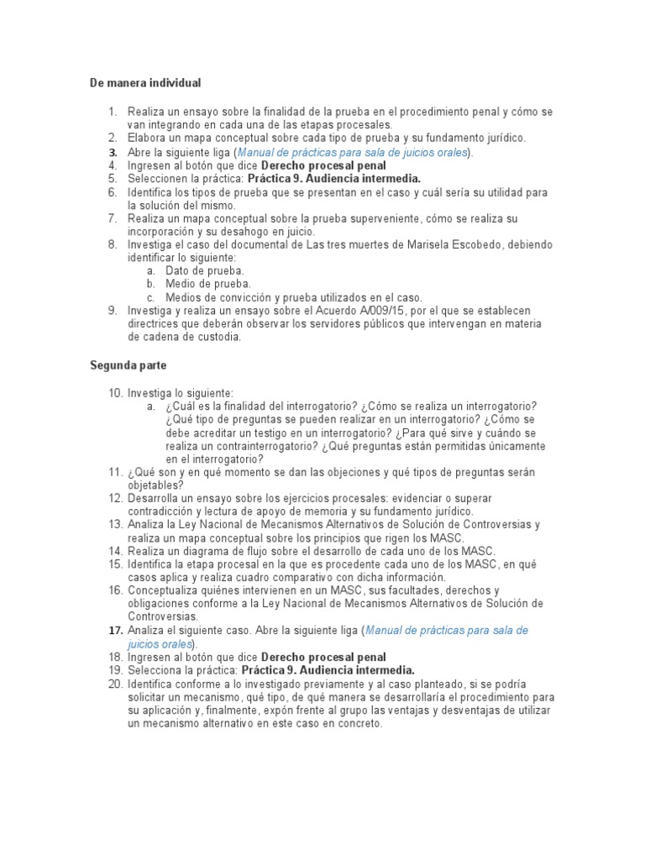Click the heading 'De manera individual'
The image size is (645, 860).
tap(145, 83)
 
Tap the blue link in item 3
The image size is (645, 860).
tap(354, 152)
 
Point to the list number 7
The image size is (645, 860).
tap(113, 218)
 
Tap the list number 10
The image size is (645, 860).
tap(115, 393)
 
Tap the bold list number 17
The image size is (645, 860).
tap(115, 630)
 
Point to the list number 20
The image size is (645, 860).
tap(115, 684)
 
